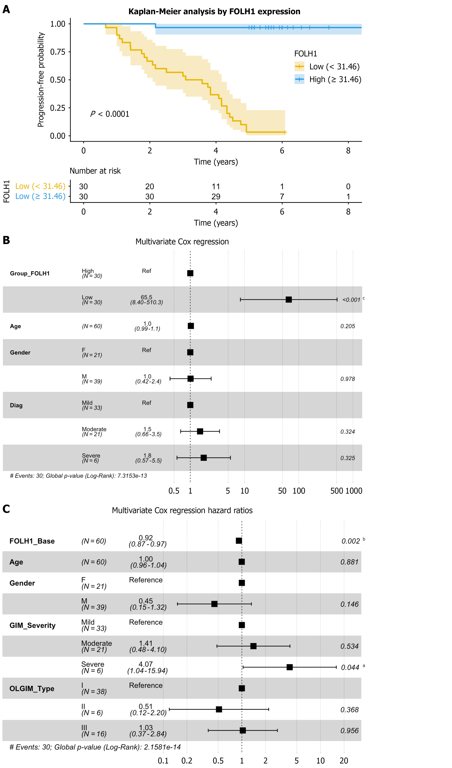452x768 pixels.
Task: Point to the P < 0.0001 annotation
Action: pyautogui.click(x=110, y=114)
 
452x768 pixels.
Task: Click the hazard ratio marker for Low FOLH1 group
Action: pyautogui.click(x=289, y=300)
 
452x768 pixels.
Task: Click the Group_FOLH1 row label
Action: pyautogui.click(x=30, y=273)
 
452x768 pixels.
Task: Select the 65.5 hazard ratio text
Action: pyautogui.click(x=147, y=297)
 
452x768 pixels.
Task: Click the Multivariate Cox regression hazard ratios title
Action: pyautogui.click(x=182, y=511)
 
